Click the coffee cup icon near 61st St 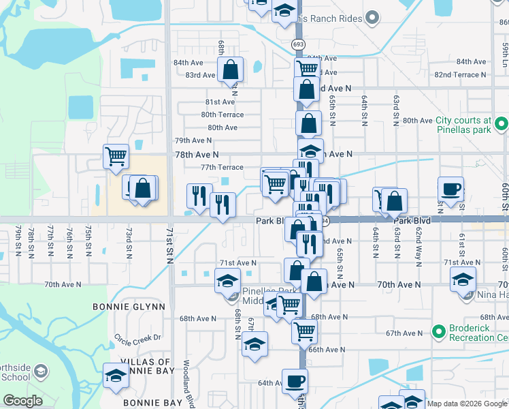[450, 188]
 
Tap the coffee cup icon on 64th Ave [294, 380]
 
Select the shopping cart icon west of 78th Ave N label [116, 155]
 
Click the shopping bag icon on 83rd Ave [231, 68]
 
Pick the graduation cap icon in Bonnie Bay [116, 375]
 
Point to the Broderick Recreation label [470, 331]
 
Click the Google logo [22, 401]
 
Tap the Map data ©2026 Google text [467, 404]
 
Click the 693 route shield [298, 44]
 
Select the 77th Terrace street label [222, 167]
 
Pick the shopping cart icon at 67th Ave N [303, 331]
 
